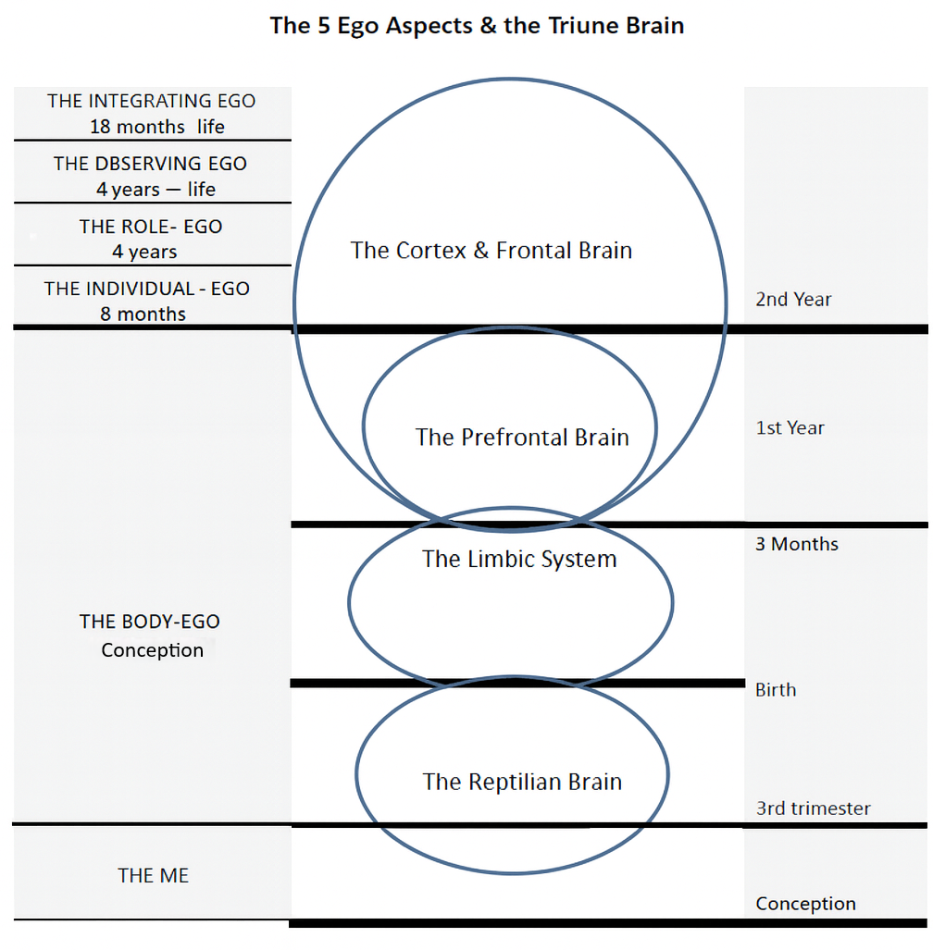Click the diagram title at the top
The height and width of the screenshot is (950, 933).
[x=477, y=25]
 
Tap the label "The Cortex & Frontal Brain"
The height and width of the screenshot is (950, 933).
[x=491, y=250]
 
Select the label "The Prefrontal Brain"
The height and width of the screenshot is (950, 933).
[x=522, y=437]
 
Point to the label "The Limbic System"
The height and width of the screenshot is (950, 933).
[x=519, y=559]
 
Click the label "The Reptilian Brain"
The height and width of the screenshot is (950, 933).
[x=522, y=782]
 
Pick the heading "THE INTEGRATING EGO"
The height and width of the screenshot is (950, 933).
[x=152, y=101]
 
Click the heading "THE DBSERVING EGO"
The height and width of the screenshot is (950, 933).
[x=150, y=164]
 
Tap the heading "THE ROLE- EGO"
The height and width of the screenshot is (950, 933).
[x=151, y=227]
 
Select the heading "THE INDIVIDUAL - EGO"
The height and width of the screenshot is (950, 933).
[x=147, y=289]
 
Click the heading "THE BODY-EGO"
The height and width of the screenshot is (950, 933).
[x=150, y=622]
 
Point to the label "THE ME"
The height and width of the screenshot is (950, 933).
[x=154, y=875]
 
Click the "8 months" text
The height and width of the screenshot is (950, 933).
[x=143, y=315]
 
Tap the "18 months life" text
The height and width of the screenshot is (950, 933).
[x=156, y=126]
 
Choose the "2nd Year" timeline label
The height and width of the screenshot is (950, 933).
[x=793, y=299]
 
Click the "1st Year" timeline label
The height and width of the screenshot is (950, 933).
[x=790, y=427]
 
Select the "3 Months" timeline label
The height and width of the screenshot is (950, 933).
[x=797, y=544]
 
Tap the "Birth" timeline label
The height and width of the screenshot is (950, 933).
[x=776, y=690]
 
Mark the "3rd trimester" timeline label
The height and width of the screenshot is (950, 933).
[x=813, y=808]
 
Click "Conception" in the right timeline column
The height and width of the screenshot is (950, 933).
[x=805, y=904]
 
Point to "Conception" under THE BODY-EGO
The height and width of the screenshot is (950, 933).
[x=153, y=650]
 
